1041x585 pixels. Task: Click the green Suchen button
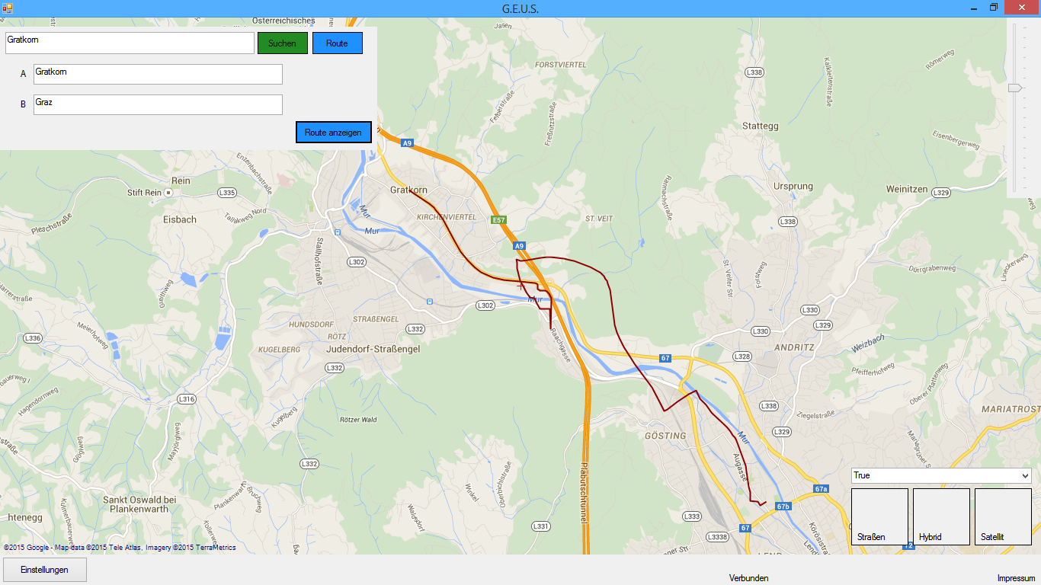282,43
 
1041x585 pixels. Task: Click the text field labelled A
158,74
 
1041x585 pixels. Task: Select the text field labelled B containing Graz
158,104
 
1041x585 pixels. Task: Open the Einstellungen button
44,570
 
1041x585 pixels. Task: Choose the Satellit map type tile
1002,516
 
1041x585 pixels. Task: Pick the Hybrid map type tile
940,516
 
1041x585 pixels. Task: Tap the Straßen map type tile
879,516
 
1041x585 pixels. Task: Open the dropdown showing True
940,475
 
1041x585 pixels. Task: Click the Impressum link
1016,578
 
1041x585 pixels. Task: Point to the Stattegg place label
760,126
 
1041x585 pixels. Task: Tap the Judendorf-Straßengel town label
373,349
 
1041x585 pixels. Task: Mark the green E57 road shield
498,220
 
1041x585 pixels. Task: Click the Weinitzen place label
906,189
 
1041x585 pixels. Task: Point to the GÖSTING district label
665,436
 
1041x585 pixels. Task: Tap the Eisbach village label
180,219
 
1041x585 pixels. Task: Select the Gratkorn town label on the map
408,190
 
